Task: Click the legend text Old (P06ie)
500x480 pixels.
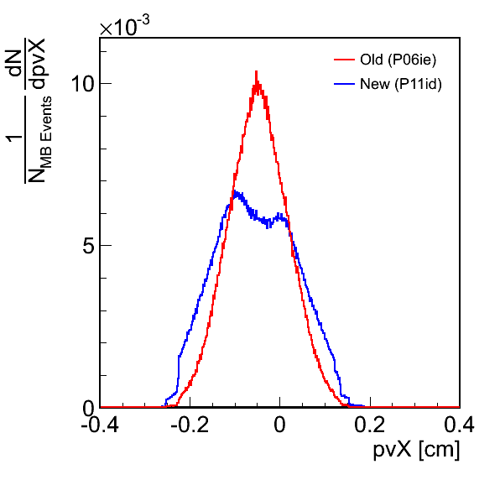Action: tap(398, 60)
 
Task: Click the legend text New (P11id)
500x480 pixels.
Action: tap(401, 84)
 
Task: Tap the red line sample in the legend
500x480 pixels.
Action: tap(345, 60)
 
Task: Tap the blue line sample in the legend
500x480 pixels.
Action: tap(345, 84)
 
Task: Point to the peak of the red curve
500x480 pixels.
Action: tap(256, 71)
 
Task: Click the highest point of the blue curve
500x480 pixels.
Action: tap(236, 191)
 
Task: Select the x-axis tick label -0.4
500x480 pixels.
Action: tap(100, 425)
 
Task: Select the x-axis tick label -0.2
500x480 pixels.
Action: tap(190, 425)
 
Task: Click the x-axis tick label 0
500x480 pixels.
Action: tap(279, 425)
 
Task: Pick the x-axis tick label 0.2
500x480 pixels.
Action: tap(370, 425)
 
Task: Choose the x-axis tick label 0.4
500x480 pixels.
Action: tap(459, 425)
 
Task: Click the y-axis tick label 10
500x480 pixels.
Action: tap(82, 84)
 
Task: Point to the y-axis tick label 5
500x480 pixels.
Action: tap(88, 245)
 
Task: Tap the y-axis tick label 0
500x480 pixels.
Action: tap(88, 408)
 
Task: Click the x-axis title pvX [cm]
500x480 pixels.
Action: tap(416, 450)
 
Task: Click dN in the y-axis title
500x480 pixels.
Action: tap(14, 63)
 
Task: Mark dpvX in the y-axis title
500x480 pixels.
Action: tap(37, 63)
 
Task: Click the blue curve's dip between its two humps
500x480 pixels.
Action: tap(268, 226)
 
